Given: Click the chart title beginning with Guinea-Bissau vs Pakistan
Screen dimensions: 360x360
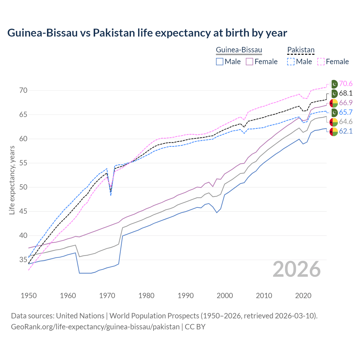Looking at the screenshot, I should tap(147, 33).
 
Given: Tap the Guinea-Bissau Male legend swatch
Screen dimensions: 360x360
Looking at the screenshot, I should tap(220, 62).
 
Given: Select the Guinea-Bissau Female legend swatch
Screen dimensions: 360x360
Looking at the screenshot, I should tap(249, 62).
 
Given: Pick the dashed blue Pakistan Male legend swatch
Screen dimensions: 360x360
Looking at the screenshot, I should tap(291, 62).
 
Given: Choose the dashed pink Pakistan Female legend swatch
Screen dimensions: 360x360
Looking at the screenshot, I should tap(321, 62).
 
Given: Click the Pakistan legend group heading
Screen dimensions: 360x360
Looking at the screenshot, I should tap(301, 50).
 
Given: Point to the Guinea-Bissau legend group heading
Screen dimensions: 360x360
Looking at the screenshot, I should tap(239, 50).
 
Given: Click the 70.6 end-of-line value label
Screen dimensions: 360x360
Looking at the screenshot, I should tap(346, 84).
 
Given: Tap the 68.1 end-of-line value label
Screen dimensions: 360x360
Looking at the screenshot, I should tap(346, 93).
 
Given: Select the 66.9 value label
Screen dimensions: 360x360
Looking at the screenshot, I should tap(346, 103).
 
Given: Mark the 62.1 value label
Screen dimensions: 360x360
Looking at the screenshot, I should tap(346, 131).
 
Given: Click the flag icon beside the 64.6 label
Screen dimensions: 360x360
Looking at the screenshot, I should tap(334, 122).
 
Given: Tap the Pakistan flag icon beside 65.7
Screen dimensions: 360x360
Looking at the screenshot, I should tap(334, 112).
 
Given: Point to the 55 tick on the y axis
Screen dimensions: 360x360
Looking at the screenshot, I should tap(23, 163).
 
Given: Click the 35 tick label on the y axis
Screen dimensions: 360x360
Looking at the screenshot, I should tap(23, 260).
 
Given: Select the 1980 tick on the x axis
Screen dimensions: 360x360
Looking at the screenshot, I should tap(146, 296).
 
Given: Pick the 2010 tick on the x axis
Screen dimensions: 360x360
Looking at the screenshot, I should tap(264, 296).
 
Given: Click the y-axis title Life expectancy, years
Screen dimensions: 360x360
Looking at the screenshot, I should tap(12, 180).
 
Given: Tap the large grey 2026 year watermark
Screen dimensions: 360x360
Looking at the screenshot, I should tap(296, 269).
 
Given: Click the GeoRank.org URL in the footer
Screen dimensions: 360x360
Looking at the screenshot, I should tap(95, 327).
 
